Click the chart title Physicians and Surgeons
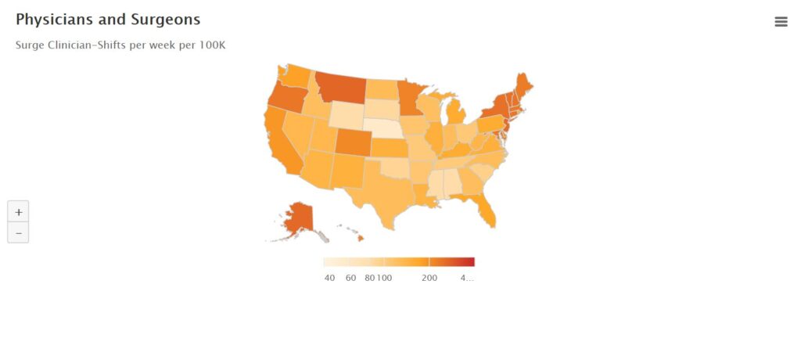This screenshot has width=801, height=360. pyautogui.click(x=108, y=20)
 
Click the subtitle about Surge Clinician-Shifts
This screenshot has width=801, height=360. pyautogui.click(x=120, y=45)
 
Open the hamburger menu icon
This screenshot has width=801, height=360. pyautogui.click(x=781, y=22)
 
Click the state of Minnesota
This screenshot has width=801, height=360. pyautogui.click(x=410, y=98)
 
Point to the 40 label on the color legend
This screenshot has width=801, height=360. pyautogui.click(x=329, y=279)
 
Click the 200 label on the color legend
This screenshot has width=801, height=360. pyautogui.click(x=429, y=279)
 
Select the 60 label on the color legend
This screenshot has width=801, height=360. pyautogui.click(x=351, y=279)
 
